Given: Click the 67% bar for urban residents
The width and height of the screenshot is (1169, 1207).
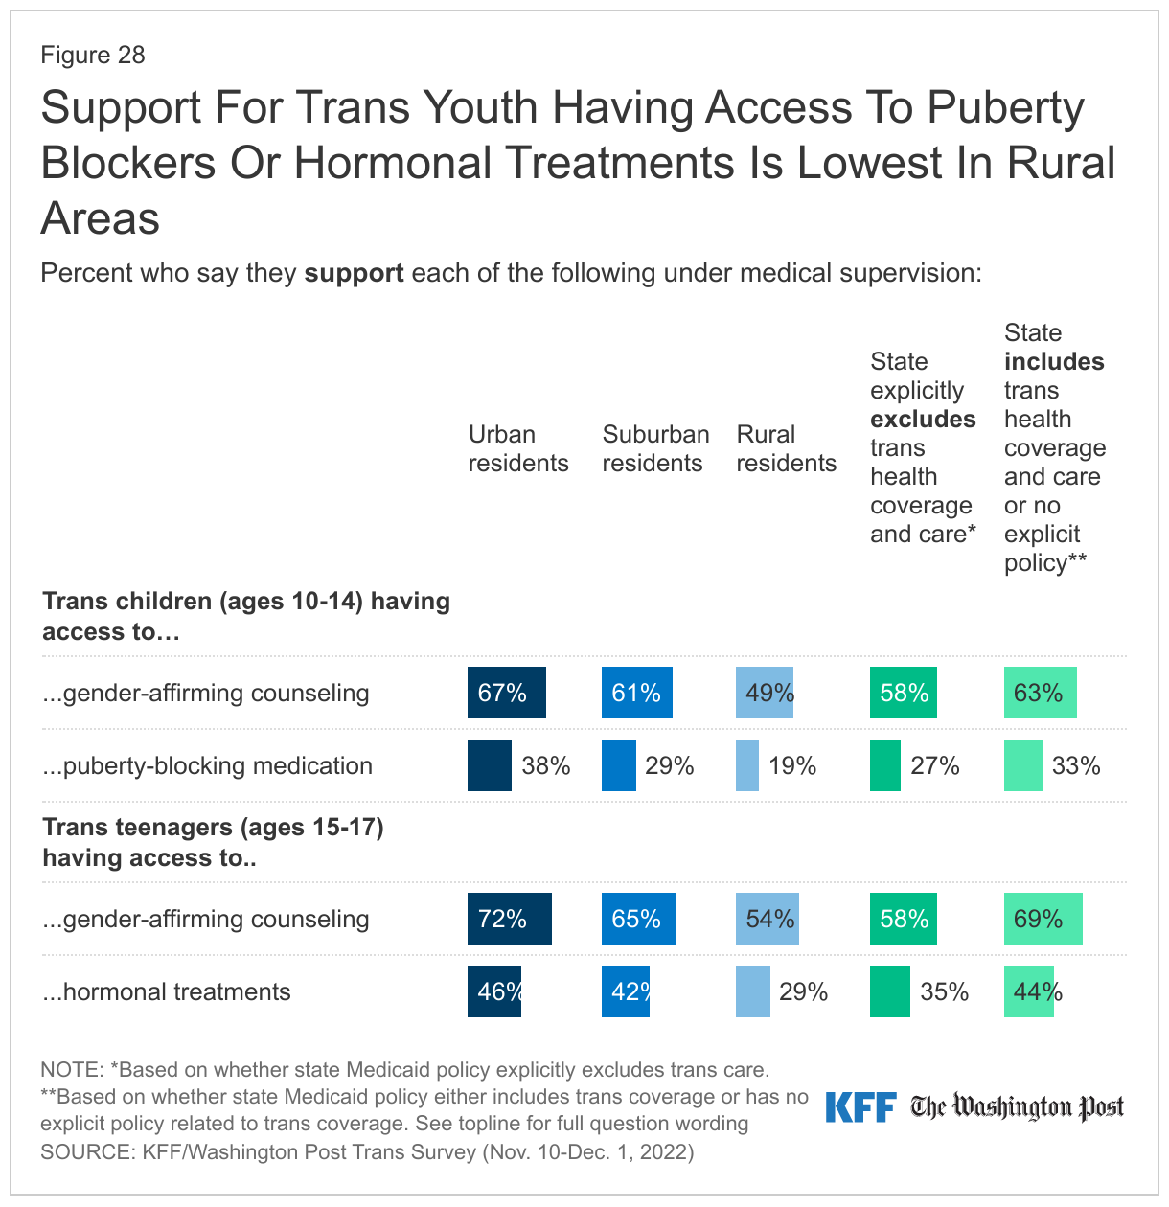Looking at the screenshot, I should click(506, 693).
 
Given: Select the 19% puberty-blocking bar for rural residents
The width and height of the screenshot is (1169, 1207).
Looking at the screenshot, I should click(747, 765).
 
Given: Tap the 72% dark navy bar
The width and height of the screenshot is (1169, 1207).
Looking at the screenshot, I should click(509, 919).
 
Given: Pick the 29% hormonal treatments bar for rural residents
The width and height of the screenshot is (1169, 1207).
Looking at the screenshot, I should click(752, 991).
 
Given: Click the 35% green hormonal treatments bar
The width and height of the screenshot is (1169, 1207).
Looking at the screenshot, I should click(890, 991).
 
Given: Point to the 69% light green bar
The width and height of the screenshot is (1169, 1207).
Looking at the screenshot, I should click(1043, 919).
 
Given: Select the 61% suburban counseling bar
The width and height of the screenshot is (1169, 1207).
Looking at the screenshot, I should click(636, 693).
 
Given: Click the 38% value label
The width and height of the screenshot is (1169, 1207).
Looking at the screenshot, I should click(546, 765).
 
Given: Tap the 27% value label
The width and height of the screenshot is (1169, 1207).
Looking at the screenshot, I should click(935, 765).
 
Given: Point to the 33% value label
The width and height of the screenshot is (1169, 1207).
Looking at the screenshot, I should click(1076, 765).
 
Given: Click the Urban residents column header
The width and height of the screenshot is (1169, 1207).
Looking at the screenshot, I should click(517, 448).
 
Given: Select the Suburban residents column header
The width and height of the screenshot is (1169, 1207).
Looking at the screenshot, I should click(655, 448).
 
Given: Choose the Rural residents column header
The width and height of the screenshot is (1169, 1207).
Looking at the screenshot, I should click(786, 448).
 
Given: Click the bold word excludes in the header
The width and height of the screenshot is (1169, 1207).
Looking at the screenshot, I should click(923, 420).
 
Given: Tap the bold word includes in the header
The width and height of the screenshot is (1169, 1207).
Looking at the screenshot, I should click(1054, 362).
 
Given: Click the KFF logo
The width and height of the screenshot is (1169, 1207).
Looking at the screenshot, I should click(860, 1107).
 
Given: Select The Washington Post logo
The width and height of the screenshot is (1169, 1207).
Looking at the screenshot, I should click(1017, 1107).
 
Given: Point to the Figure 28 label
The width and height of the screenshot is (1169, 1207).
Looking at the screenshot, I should click(93, 55).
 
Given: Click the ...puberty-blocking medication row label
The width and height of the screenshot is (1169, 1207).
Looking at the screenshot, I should click(207, 765).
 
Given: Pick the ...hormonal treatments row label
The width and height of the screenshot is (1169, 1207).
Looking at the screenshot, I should click(166, 991).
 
